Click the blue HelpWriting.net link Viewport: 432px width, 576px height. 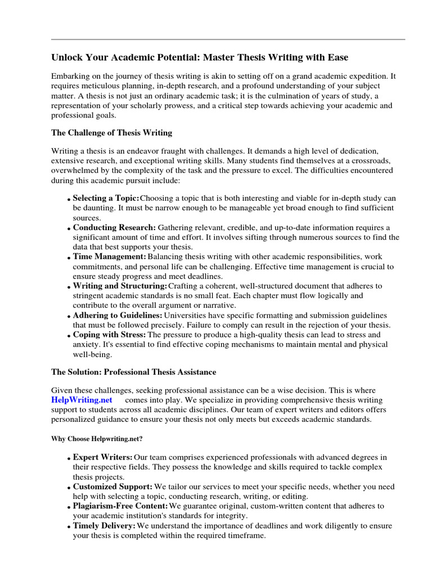click(82, 399)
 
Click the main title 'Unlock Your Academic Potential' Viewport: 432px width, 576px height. click(200, 57)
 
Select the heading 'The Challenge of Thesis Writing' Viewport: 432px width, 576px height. click(111, 133)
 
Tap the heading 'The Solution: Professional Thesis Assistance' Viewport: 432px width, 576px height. click(133, 372)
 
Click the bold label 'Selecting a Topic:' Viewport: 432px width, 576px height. click(106, 198)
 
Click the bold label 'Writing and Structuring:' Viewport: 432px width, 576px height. click(120, 286)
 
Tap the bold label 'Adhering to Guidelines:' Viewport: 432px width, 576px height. click(118, 315)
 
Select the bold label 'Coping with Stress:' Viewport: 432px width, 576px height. click(109, 335)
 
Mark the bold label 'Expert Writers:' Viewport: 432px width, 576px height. click(103, 457)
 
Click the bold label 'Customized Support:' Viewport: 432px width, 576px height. click(112, 487)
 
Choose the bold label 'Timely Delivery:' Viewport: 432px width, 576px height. click(104, 526)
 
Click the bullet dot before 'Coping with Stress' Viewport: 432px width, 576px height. click(69, 336)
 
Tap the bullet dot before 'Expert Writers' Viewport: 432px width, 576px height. click(69, 459)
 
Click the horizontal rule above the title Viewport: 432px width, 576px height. click(228, 39)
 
